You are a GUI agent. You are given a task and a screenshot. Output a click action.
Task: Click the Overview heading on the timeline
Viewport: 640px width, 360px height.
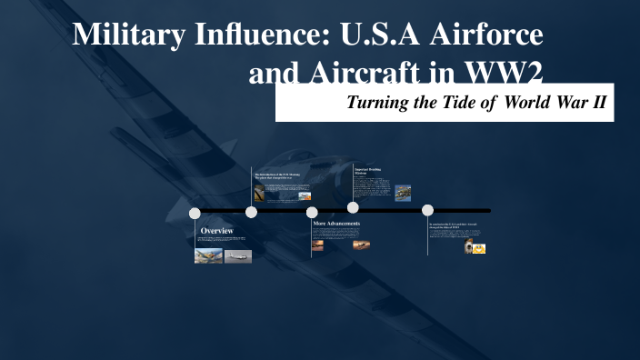pyautogui.click(x=216, y=232)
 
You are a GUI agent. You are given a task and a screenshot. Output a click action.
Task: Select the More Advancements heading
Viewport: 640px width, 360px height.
pyautogui.click(x=336, y=224)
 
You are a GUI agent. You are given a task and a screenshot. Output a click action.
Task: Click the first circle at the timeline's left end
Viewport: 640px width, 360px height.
pyautogui.click(x=195, y=213)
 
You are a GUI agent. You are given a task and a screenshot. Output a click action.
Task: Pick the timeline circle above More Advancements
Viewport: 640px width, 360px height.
pyautogui.click(x=312, y=213)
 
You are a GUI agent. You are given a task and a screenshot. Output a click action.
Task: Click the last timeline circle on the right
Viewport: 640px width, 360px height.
pyautogui.click(x=427, y=210)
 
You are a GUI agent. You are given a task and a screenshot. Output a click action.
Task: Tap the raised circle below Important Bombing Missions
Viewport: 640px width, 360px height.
pyautogui.click(x=353, y=207)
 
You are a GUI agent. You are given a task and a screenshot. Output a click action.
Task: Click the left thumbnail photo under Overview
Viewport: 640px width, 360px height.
pyautogui.click(x=208, y=255)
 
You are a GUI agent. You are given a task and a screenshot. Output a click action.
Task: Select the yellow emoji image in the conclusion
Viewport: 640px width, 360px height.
pyautogui.click(x=479, y=247)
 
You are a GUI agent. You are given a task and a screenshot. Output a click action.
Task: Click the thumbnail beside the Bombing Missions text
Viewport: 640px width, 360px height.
pyautogui.click(x=403, y=193)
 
